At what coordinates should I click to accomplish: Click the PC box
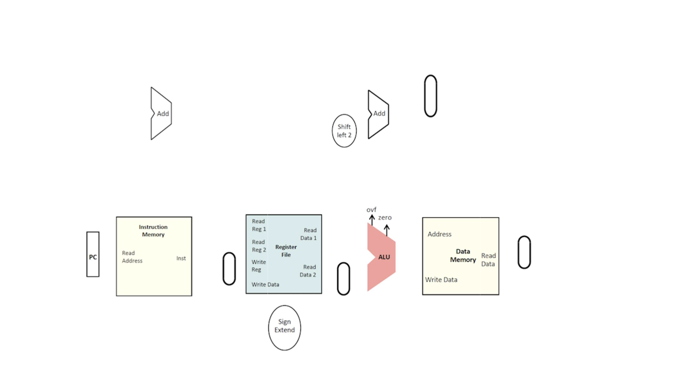[93, 254]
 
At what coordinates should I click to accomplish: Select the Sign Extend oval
[284, 327]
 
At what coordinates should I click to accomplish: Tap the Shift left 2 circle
[344, 131]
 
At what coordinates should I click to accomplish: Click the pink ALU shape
[381, 257]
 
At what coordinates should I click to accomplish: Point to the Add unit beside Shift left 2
[378, 114]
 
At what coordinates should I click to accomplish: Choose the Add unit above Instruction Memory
[161, 114]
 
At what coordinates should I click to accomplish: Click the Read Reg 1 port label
[259, 225]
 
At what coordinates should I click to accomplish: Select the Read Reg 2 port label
[259, 246]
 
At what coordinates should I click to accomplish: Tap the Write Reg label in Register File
[258, 265]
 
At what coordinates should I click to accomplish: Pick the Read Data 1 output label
[309, 234]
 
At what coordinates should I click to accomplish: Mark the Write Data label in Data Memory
[441, 280]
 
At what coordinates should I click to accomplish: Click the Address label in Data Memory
[439, 234]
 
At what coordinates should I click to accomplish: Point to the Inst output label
[181, 258]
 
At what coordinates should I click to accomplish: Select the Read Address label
[132, 257]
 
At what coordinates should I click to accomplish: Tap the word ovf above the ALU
[371, 210]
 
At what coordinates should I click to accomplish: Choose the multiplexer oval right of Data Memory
[524, 252]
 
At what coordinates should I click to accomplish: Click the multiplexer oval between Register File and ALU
[343, 279]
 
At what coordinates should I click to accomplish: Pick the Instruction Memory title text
[153, 230]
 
